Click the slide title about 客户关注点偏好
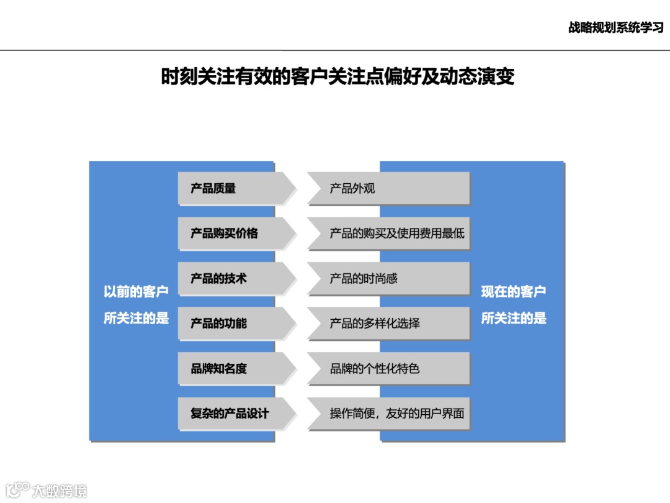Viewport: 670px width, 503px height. click(x=337, y=77)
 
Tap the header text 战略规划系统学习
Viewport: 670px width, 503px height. click(x=615, y=28)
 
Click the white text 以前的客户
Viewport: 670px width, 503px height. click(x=136, y=292)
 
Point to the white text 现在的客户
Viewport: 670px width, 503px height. click(x=514, y=292)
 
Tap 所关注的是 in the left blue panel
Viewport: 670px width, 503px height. click(x=136, y=319)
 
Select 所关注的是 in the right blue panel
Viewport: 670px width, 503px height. click(x=514, y=319)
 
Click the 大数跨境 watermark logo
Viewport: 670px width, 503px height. click(x=45, y=490)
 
